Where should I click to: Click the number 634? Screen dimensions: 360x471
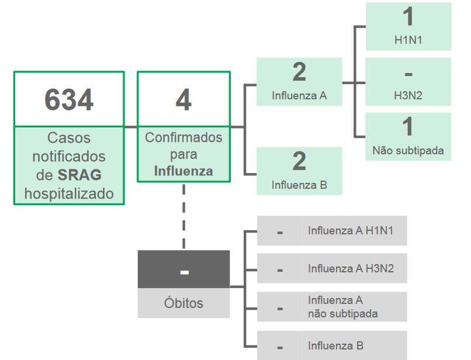click(x=69, y=100)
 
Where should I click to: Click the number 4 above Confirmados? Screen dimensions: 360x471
click(x=183, y=100)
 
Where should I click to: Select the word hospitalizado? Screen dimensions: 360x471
click(x=69, y=193)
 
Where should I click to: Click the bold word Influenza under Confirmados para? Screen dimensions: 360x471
click(x=183, y=171)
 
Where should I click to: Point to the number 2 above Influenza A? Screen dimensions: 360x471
click(x=299, y=72)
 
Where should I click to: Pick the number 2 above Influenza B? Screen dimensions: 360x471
click(x=299, y=161)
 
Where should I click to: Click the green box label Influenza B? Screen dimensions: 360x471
click(x=299, y=185)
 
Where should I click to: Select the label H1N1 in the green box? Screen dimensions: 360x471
click(x=408, y=41)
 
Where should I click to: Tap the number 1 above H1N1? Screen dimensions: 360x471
click(x=408, y=16)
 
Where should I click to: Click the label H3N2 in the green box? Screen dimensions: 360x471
click(x=408, y=96)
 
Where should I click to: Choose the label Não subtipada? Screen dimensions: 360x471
click(x=408, y=150)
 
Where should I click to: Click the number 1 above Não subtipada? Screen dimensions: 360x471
click(x=408, y=126)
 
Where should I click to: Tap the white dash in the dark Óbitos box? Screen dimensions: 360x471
click(x=184, y=272)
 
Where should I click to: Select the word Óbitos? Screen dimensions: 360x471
click(x=183, y=303)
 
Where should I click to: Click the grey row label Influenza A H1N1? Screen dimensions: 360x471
click(x=351, y=230)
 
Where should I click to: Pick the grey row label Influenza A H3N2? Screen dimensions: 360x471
click(x=351, y=269)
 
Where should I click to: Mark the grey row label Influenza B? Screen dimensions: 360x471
click(x=335, y=346)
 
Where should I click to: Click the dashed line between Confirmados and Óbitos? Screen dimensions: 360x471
click(x=184, y=216)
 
